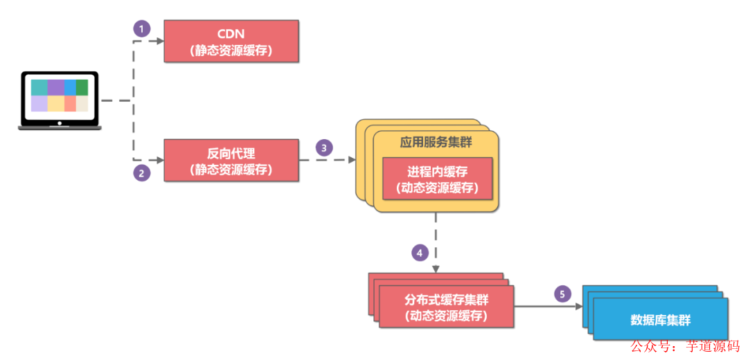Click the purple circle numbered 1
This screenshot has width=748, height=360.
pos(141,28)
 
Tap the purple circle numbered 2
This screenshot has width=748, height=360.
pos(141,173)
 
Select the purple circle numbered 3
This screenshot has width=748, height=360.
pos(324,147)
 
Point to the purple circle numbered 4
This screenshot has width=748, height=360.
pos(420,253)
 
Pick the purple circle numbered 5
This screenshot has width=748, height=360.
pos(563,294)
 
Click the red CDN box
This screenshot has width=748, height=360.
pos(231,41)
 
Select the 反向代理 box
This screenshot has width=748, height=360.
pos(231,160)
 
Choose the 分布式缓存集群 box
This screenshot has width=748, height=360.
pos(446,307)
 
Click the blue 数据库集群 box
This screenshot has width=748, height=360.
pos(660,320)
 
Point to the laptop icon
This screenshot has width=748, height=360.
pos(60,100)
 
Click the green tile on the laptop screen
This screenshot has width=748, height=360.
pos(82,88)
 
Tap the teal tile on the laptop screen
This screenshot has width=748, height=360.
pos(39,88)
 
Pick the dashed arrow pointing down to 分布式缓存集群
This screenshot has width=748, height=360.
pos(436,242)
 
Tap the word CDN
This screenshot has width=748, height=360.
pos(231,33)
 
